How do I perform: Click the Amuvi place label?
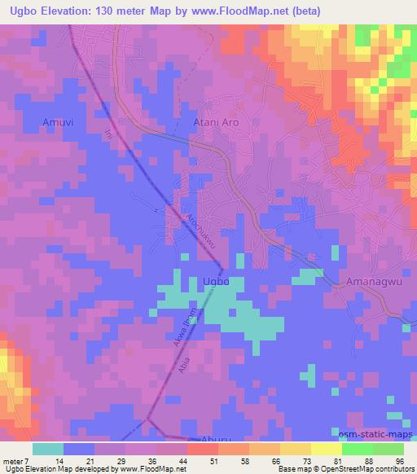tap(59, 122)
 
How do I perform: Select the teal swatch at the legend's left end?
tap(48, 449)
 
